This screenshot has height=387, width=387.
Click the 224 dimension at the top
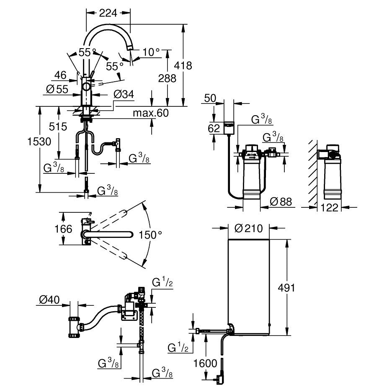pos(108,13)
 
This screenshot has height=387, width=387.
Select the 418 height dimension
pos(183,66)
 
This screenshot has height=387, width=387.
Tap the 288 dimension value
pos(167,78)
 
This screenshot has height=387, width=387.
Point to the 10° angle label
pos(151,52)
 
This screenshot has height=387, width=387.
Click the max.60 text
pos(150,113)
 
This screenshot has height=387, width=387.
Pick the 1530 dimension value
pos(39,142)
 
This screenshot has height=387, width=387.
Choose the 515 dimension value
pos(58,126)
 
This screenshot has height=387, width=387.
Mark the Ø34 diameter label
pos(124,94)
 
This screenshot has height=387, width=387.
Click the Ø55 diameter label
pos(57,89)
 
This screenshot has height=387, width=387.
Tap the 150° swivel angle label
pos(150,235)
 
